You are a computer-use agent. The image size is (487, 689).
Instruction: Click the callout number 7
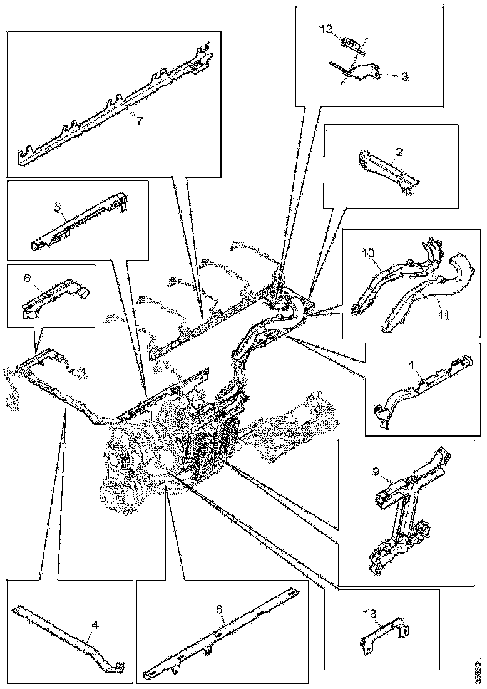140,121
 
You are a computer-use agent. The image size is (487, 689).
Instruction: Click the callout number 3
404,76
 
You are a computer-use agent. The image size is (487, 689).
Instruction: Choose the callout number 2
399,152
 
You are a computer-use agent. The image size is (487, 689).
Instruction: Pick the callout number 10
367,254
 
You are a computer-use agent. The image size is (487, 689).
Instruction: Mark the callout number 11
443,316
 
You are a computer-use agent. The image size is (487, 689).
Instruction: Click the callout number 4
95,624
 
